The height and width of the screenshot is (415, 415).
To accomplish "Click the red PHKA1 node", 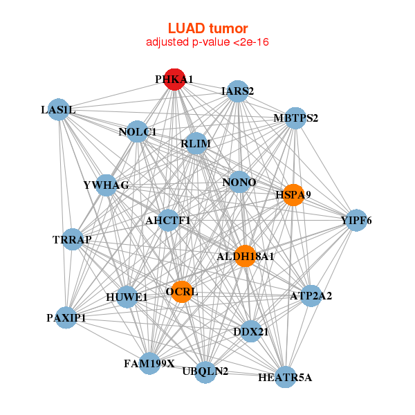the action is click(174, 79).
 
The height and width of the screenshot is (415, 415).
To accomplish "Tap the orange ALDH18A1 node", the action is click(245, 255).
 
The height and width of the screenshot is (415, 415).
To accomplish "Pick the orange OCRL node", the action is click(181, 291).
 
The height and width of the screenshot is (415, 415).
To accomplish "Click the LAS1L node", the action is click(59, 110).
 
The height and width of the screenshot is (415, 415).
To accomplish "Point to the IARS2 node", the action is click(237, 91).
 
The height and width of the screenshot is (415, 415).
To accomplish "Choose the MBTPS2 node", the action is click(295, 118).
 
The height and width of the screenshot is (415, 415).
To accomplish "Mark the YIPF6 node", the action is click(356, 221).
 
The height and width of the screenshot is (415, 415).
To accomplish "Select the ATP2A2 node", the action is click(311, 296).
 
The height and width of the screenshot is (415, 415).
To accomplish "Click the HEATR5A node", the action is click(285, 377).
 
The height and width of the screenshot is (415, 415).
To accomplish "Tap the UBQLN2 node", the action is click(205, 371).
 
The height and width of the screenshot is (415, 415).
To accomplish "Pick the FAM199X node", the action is click(149, 362).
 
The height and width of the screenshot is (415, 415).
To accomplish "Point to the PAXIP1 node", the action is click(66, 317).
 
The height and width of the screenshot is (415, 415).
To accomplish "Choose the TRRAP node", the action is click(72, 239).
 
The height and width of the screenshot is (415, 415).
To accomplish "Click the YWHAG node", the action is click(106, 185).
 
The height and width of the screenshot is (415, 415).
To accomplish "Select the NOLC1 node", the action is click(138, 131).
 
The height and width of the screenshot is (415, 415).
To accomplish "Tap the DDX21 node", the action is click(250, 332).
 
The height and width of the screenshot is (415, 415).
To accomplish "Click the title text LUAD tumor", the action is click(207, 28).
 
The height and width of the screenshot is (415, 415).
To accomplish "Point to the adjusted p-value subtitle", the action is click(207, 42).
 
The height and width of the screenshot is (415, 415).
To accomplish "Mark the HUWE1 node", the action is click(127, 297).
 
